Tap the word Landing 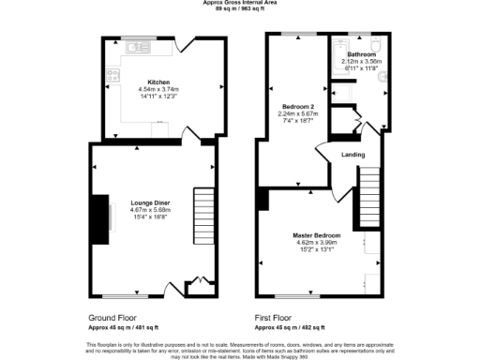click(353, 155)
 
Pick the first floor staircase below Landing click(373, 192)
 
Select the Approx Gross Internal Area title click(239, 3)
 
